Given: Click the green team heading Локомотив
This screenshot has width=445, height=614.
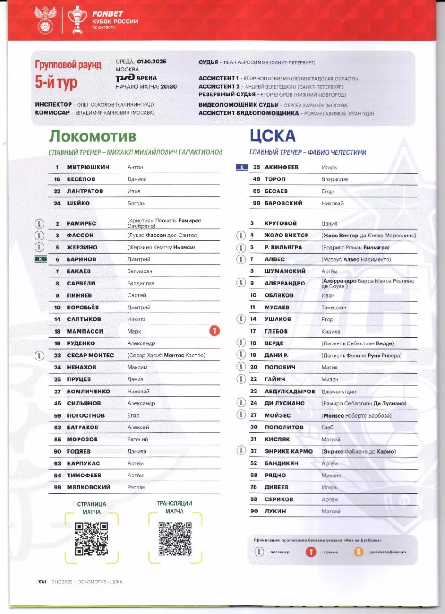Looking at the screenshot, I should (93, 136).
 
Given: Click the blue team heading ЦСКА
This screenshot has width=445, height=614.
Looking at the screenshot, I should (273, 136).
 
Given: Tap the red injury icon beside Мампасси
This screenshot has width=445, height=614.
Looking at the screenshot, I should (215, 331).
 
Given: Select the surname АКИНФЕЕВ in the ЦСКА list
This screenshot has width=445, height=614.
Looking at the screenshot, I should (282, 167).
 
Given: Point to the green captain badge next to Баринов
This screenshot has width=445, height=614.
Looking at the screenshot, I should (40, 259).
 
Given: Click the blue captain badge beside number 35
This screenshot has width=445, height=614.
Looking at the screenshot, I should (242, 167).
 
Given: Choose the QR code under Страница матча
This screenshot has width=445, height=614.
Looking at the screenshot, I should (92, 538).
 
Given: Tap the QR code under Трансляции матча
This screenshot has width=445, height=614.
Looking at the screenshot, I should (175, 538).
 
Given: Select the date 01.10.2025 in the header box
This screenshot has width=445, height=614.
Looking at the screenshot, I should (151, 62).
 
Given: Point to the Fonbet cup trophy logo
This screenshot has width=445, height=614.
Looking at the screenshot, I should (77, 20).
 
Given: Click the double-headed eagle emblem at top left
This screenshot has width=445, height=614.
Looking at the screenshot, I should (45, 20).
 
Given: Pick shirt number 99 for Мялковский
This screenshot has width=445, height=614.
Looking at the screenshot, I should (57, 487).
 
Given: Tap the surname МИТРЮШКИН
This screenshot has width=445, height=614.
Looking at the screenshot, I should (88, 167).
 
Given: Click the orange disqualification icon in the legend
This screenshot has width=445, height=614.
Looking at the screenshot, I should (358, 552).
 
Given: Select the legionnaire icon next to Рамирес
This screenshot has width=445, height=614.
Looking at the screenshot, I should (40, 223).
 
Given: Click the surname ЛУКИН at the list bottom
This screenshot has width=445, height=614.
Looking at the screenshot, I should (275, 511).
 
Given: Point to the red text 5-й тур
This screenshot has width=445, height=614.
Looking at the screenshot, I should (56, 83).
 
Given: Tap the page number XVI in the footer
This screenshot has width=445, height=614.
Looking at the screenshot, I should (42, 582).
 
